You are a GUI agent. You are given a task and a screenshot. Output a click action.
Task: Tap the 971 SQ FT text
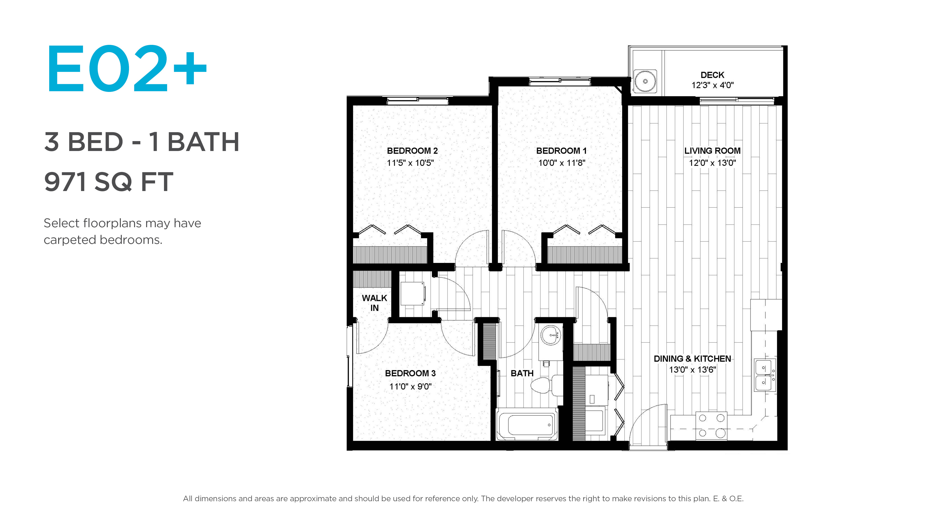pyautogui.click(x=109, y=182)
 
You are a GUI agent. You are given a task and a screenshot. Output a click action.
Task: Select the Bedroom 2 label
pyautogui.click(x=412, y=151)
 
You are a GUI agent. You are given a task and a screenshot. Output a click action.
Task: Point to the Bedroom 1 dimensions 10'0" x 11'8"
pyautogui.click(x=561, y=163)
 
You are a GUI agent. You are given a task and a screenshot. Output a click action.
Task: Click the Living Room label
pyautogui.click(x=712, y=151)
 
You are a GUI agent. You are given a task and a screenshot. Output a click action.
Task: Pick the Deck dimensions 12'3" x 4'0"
pyautogui.click(x=713, y=85)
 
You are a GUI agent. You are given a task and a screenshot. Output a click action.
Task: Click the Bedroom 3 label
pyautogui.click(x=410, y=373)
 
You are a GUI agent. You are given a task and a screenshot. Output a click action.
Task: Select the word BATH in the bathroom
pyautogui.click(x=522, y=373)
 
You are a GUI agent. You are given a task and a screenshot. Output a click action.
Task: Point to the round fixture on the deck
pyautogui.click(x=645, y=81)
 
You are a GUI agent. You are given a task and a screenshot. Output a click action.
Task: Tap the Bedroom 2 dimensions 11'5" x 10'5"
pyautogui.click(x=410, y=163)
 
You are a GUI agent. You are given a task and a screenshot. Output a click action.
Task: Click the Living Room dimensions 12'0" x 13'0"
pyautogui.click(x=712, y=163)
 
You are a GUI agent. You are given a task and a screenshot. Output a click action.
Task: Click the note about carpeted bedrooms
pyautogui.click(x=122, y=231)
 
